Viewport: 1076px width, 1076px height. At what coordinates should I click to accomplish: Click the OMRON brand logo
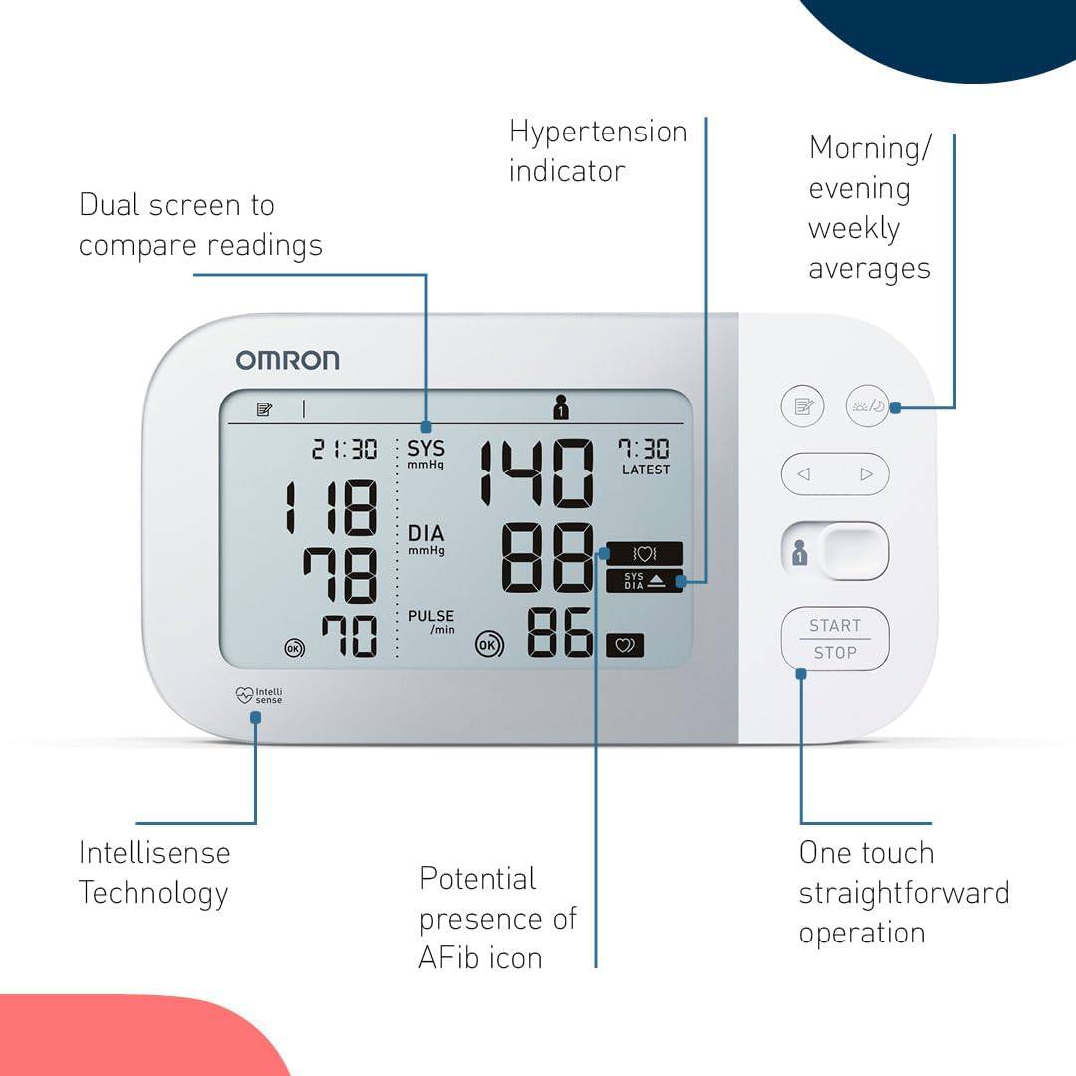[288, 360]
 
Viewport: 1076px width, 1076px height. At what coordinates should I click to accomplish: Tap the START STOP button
[835, 639]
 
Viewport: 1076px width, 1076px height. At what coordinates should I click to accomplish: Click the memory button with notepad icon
[802, 406]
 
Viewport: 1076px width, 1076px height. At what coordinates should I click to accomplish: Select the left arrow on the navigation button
[804, 474]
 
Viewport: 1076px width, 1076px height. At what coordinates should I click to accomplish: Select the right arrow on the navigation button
[866, 474]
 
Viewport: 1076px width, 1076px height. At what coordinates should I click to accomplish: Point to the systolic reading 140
[536, 473]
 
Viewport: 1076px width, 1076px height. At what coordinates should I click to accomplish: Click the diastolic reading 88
[547, 557]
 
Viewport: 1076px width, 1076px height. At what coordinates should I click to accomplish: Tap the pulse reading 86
[559, 632]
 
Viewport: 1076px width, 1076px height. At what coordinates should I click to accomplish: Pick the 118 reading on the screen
[331, 508]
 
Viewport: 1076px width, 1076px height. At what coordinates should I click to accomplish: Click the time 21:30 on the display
[344, 449]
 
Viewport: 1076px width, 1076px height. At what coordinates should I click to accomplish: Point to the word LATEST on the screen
[645, 470]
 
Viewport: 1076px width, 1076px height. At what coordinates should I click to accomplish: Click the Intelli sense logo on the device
[259, 695]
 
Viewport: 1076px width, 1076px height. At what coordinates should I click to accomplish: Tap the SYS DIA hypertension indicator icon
[645, 581]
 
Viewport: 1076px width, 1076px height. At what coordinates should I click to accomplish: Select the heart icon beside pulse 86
[625, 645]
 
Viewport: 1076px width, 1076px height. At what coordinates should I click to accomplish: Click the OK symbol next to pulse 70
[294, 648]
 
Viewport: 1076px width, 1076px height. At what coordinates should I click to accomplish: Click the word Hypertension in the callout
[599, 133]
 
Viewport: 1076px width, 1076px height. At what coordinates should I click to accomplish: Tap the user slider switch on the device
[835, 551]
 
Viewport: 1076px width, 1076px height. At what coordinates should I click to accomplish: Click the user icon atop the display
[561, 406]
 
